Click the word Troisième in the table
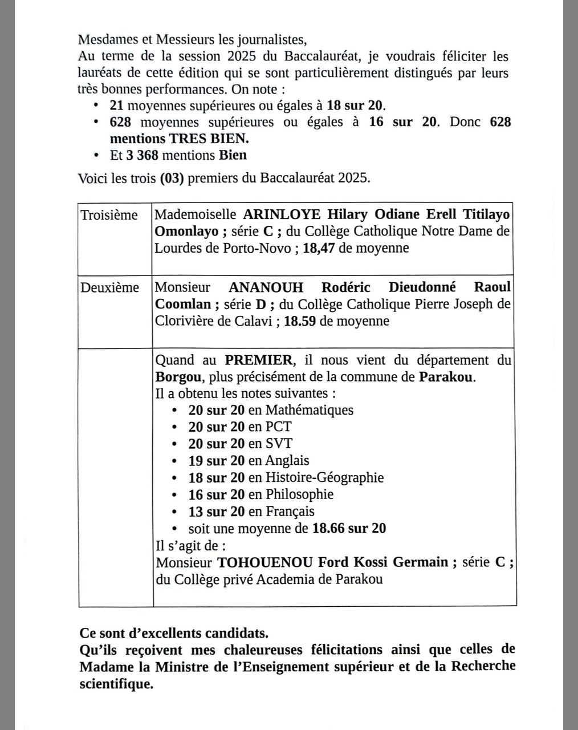click(109, 215)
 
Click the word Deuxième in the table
click(109, 287)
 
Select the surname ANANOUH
click(266, 287)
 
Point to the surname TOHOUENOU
click(265, 562)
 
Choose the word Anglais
click(287, 460)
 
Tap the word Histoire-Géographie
click(324, 477)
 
